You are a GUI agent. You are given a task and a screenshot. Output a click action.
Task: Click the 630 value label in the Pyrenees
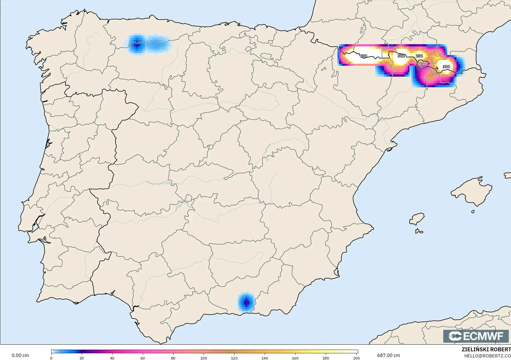(363, 56)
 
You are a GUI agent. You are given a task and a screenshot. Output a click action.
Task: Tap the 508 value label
(401, 56)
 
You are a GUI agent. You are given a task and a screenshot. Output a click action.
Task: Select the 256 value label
(419, 56)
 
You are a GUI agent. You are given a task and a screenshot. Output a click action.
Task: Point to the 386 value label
(446, 67)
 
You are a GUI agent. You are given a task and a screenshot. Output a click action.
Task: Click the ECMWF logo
(476, 336)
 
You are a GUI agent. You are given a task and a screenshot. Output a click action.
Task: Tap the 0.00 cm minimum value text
(20, 355)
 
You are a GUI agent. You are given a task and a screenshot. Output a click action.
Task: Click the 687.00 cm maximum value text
(388, 355)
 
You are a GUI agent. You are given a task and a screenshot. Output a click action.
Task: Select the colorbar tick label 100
(204, 358)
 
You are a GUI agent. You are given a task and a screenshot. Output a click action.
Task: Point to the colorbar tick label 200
(356, 358)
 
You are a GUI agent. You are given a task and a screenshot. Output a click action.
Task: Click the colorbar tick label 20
(82, 358)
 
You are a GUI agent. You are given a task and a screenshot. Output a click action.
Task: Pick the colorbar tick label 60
(143, 358)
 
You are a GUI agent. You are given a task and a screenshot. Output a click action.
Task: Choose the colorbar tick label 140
(265, 358)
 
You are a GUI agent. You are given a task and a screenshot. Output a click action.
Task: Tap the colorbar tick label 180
(326, 358)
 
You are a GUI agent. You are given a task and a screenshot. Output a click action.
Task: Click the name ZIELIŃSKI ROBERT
(486, 350)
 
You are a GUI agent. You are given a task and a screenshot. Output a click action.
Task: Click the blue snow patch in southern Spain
(246, 302)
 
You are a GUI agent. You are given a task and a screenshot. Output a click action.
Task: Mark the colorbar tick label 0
(51, 358)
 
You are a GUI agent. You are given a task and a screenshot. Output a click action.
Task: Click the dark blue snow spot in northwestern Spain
(137, 44)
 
